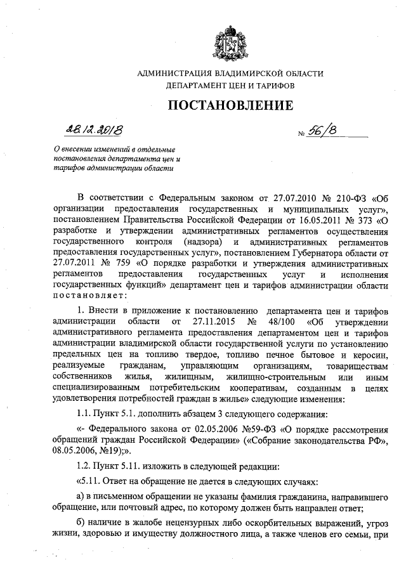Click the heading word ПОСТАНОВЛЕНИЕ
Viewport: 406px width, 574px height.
(x=230, y=105)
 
